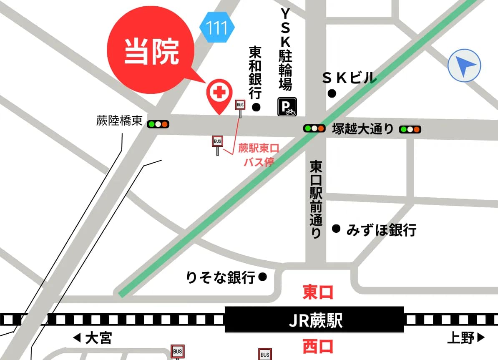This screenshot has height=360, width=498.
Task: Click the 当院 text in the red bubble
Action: click(151, 52)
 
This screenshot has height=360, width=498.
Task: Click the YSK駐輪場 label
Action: click(285, 49)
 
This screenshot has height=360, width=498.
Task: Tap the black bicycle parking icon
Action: click(287, 107)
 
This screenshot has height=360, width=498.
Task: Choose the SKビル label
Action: click(350, 78)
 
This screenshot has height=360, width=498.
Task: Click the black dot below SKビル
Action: click(332, 94)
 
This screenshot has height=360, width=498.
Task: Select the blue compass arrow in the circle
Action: click(464, 65)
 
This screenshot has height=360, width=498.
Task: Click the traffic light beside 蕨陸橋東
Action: click(158, 124)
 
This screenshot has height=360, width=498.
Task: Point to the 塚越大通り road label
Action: click(363, 129)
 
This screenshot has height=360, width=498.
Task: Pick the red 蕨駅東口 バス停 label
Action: click(258, 155)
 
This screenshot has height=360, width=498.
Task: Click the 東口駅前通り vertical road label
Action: click(316, 200)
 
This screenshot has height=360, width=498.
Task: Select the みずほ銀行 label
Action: click(381, 230)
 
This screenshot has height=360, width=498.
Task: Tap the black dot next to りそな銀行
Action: click(263, 277)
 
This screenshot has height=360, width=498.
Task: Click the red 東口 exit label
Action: click(318, 292)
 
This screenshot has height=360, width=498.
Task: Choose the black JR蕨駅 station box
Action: click(314, 320)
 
